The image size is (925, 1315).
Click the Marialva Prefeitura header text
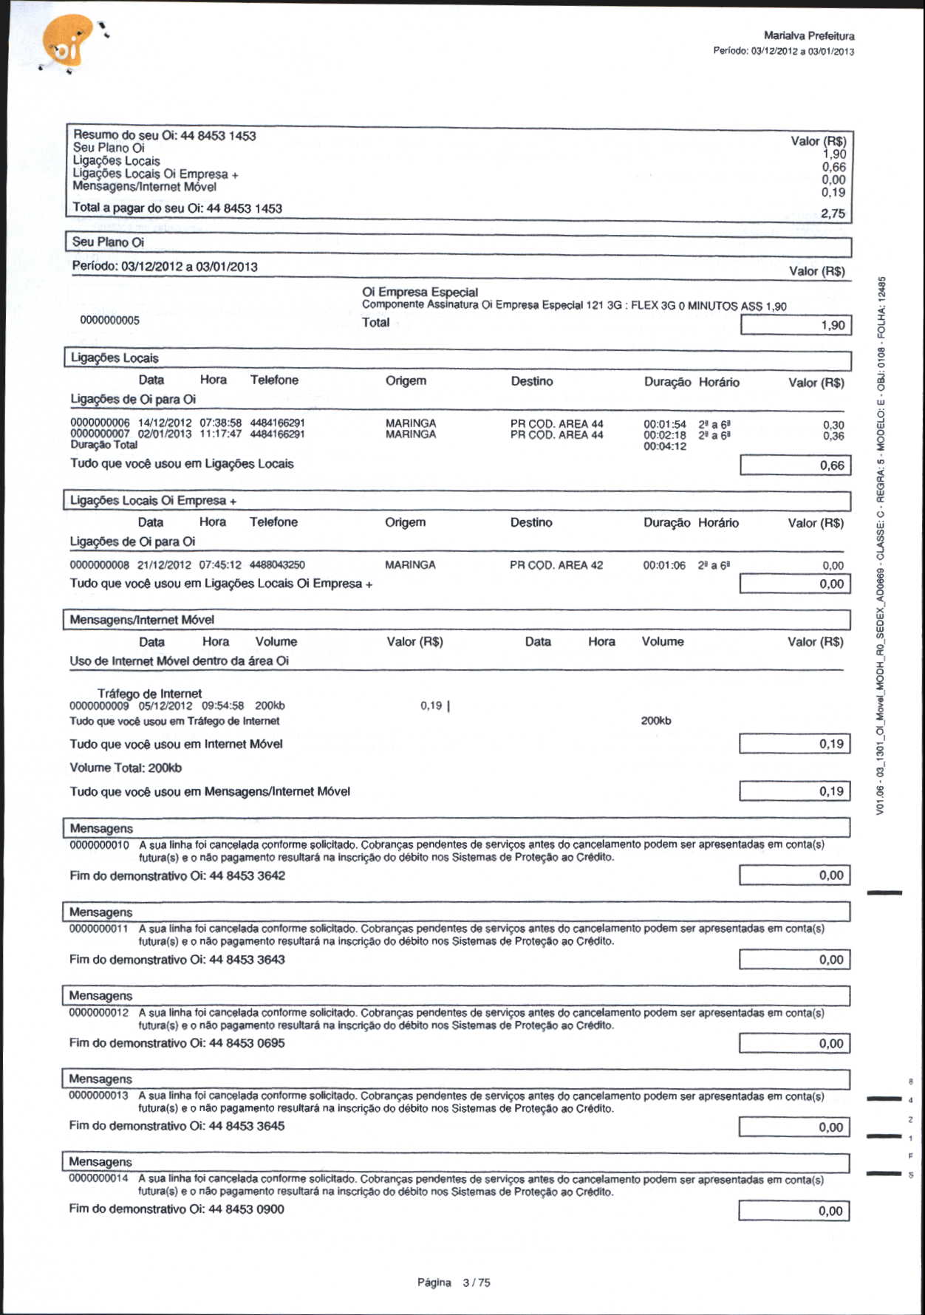809,35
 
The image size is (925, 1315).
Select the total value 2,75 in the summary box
833,214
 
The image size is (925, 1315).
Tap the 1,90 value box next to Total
796,325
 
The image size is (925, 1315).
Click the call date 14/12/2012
165,423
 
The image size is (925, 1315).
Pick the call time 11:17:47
220,434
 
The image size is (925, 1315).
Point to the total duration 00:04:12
665,446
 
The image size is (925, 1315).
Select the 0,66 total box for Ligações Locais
795,465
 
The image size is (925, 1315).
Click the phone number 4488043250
277,565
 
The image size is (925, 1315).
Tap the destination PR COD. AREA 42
556,565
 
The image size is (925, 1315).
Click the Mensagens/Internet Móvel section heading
142,620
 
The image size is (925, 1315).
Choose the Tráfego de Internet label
149,694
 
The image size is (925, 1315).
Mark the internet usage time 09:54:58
222,706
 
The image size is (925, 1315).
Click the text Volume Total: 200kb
126,768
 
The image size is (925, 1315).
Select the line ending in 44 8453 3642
177,875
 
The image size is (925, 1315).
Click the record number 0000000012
99,1012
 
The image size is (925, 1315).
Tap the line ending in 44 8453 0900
177,1209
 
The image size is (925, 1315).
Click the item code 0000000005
110,321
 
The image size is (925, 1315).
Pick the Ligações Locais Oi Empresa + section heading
153,501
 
